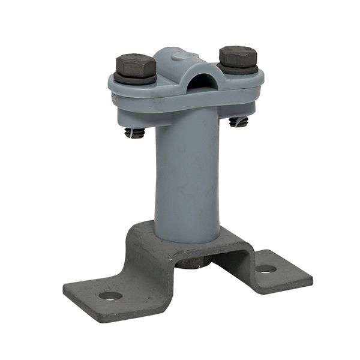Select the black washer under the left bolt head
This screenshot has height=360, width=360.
(x=136, y=78)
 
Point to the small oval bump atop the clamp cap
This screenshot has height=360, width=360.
(x=178, y=56)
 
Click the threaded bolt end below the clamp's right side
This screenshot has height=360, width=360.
(x=239, y=121)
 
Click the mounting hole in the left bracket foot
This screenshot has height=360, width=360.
(x=110, y=295)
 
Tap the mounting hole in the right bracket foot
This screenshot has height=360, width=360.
(x=266, y=269)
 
